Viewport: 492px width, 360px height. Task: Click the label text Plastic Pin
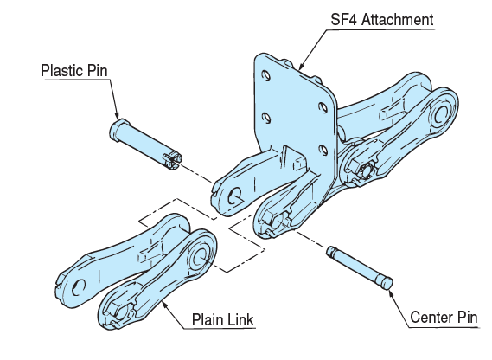pyautogui.click(x=76, y=70)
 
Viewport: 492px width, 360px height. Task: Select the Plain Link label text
pyautogui.click(x=222, y=321)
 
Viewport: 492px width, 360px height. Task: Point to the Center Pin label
pyautogui.click(x=442, y=318)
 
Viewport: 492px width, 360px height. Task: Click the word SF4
pyautogui.click(x=339, y=19)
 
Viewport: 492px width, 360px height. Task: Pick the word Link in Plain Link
pyautogui.click(x=240, y=321)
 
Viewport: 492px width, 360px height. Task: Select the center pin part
pyautogui.click(x=360, y=267)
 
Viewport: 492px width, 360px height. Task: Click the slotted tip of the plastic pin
pyautogui.click(x=174, y=158)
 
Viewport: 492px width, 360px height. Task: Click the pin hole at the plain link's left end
pyautogui.click(x=79, y=286)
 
